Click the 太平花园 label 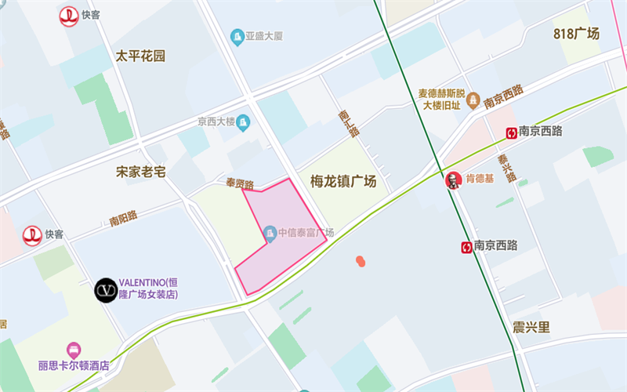(141, 56)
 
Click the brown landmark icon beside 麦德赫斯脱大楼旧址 (473, 100)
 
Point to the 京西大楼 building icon (243, 122)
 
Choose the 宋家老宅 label (141, 172)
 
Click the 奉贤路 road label (240, 184)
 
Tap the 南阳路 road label (124, 216)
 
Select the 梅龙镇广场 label (343, 182)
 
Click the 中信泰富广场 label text (306, 233)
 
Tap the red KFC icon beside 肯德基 (452, 180)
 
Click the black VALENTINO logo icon (106, 290)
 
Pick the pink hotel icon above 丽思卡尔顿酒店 (74, 348)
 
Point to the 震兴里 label (531, 327)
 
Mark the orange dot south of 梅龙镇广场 (360, 260)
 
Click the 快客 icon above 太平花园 (69, 16)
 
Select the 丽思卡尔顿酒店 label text (73, 365)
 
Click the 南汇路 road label (348, 122)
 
